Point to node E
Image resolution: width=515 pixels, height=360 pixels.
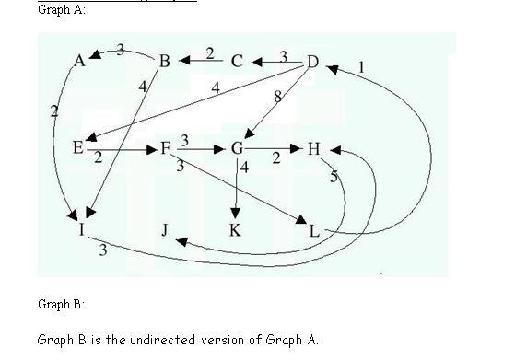(x=77, y=147)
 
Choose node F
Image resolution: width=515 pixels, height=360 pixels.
(x=166, y=147)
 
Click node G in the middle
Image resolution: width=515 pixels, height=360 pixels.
(x=237, y=148)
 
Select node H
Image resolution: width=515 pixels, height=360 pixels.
(x=315, y=148)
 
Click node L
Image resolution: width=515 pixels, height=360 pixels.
(x=314, y=230)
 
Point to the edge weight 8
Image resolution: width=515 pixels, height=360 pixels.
(x=277, y=96)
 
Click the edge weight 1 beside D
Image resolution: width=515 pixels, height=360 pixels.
(x=361, y=66)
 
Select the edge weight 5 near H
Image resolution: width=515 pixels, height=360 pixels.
(x=334, y=177)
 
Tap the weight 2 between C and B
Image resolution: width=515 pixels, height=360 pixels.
(x=209, y=52)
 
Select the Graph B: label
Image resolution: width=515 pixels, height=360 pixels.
(x=61, y=303)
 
